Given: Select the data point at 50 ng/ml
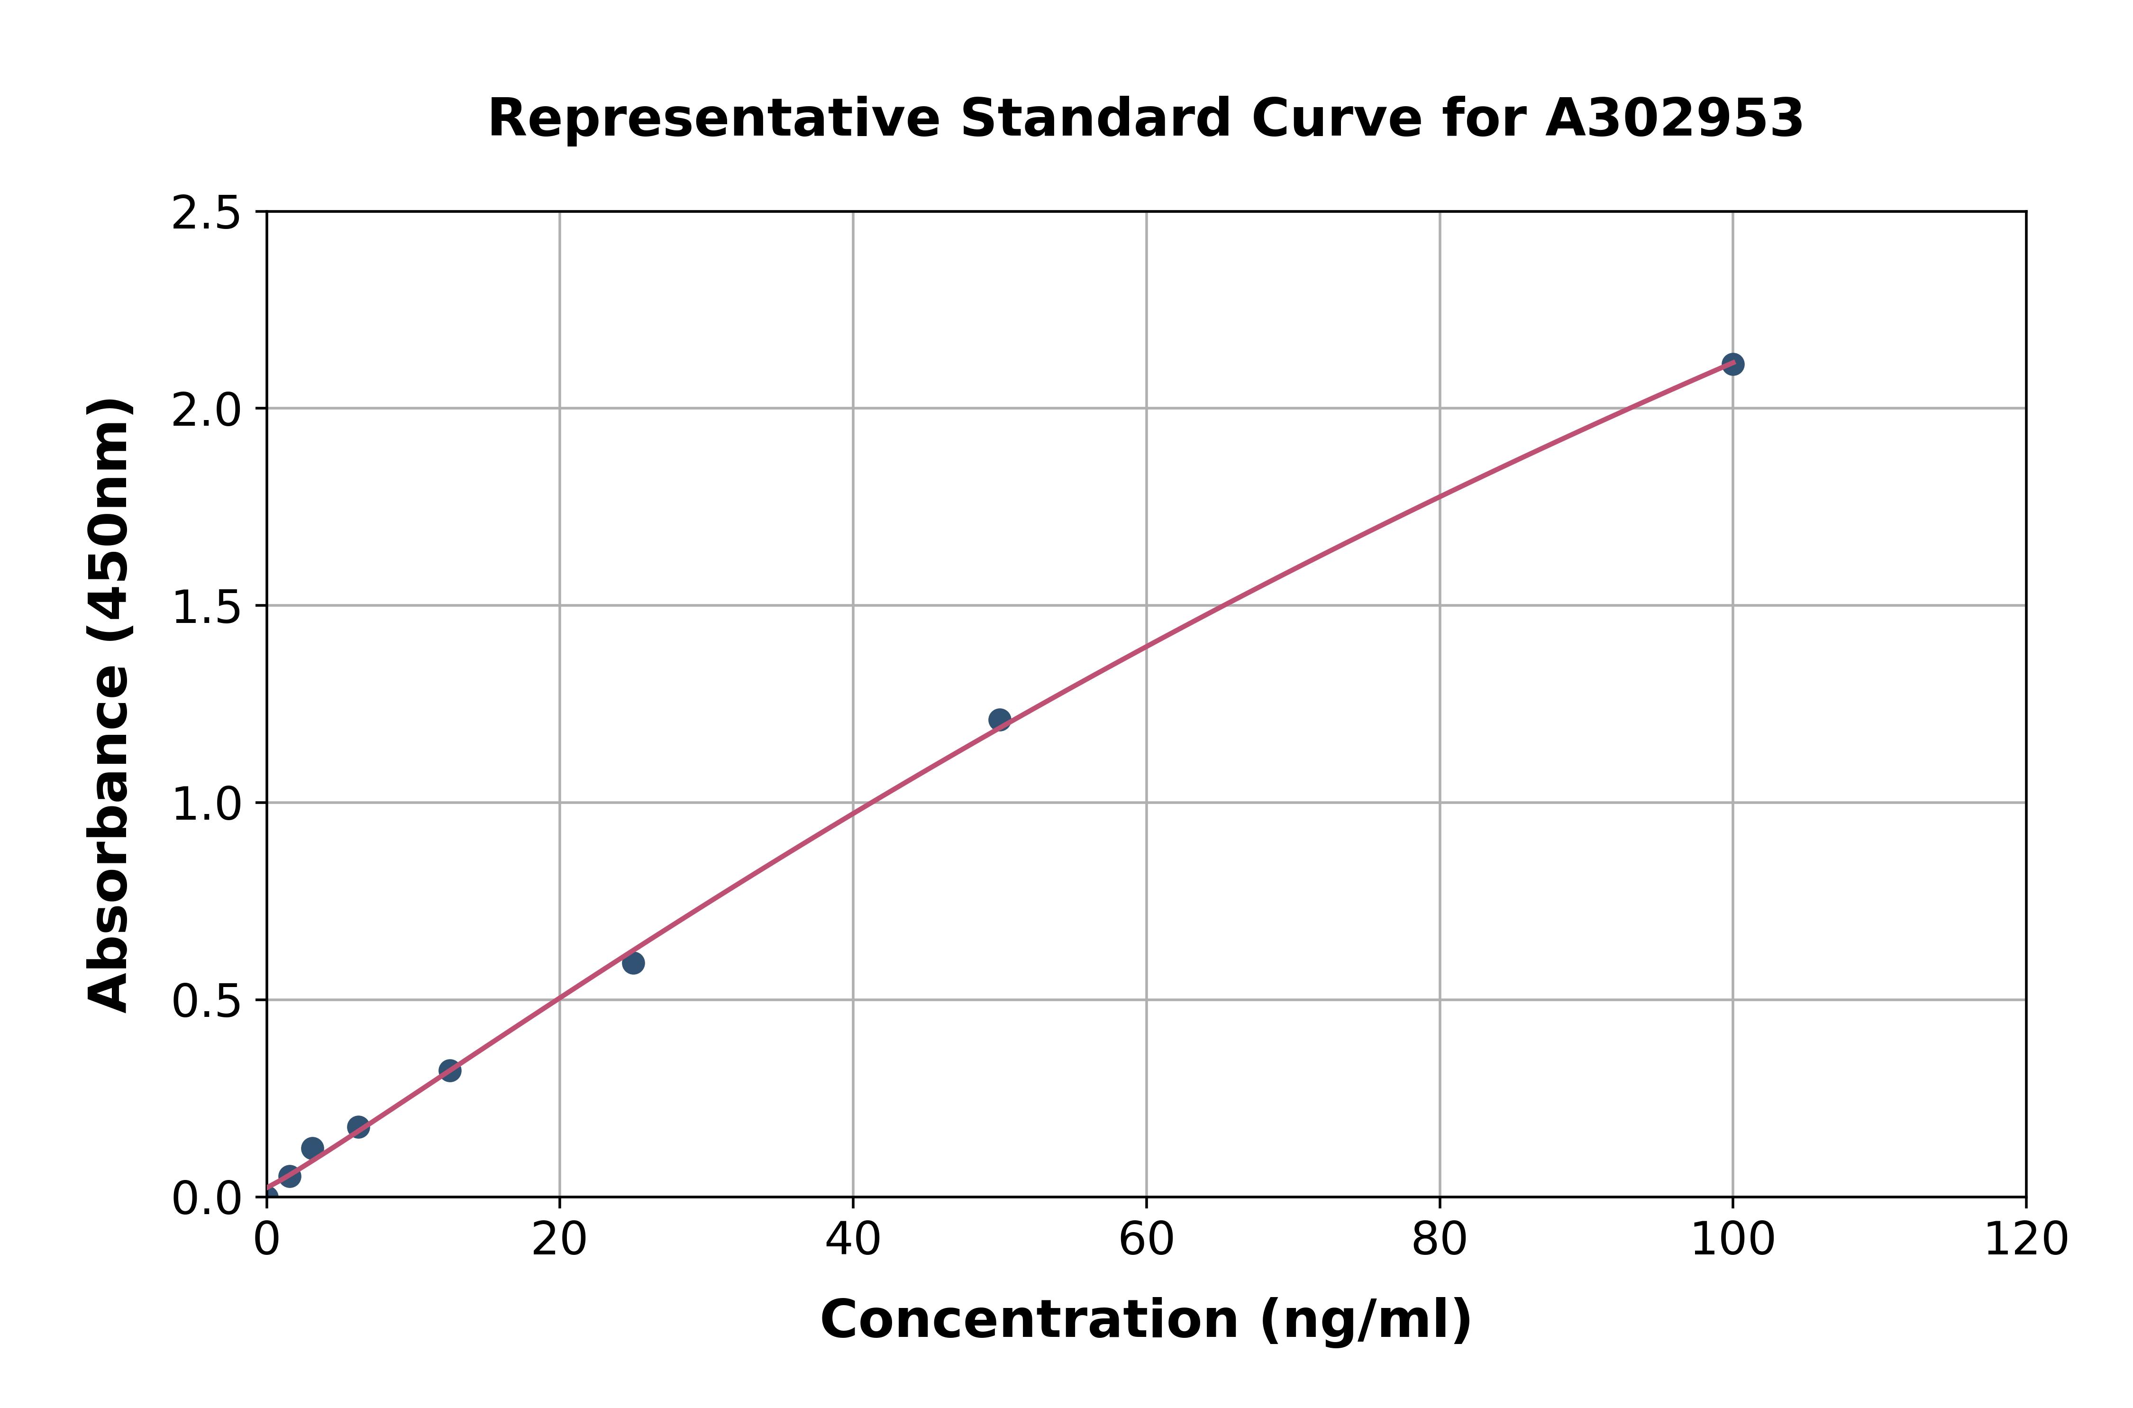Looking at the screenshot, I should click(999, 719).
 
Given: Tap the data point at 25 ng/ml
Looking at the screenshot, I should click(633, 963).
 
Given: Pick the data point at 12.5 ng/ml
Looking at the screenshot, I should click(450, 1070).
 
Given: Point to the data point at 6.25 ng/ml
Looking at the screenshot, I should click(358, 1127).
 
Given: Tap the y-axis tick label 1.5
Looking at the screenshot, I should click(207, 608).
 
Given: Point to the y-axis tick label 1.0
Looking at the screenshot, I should click(207, 805).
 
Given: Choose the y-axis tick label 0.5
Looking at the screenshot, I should click(207, 1001).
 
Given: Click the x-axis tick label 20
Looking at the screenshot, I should click(559, 1240).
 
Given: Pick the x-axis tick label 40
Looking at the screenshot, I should click(853, 1240).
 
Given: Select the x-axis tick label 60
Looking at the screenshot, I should click(1147, 1240).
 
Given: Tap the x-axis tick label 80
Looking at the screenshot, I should click(1439, 1240).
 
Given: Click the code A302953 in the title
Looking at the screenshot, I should click(1673, 119).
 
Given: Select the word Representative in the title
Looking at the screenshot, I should click(714, 119).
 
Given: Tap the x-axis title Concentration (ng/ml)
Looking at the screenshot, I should click(1146, 1320).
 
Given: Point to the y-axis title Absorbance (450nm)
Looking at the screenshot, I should click(109, 705).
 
